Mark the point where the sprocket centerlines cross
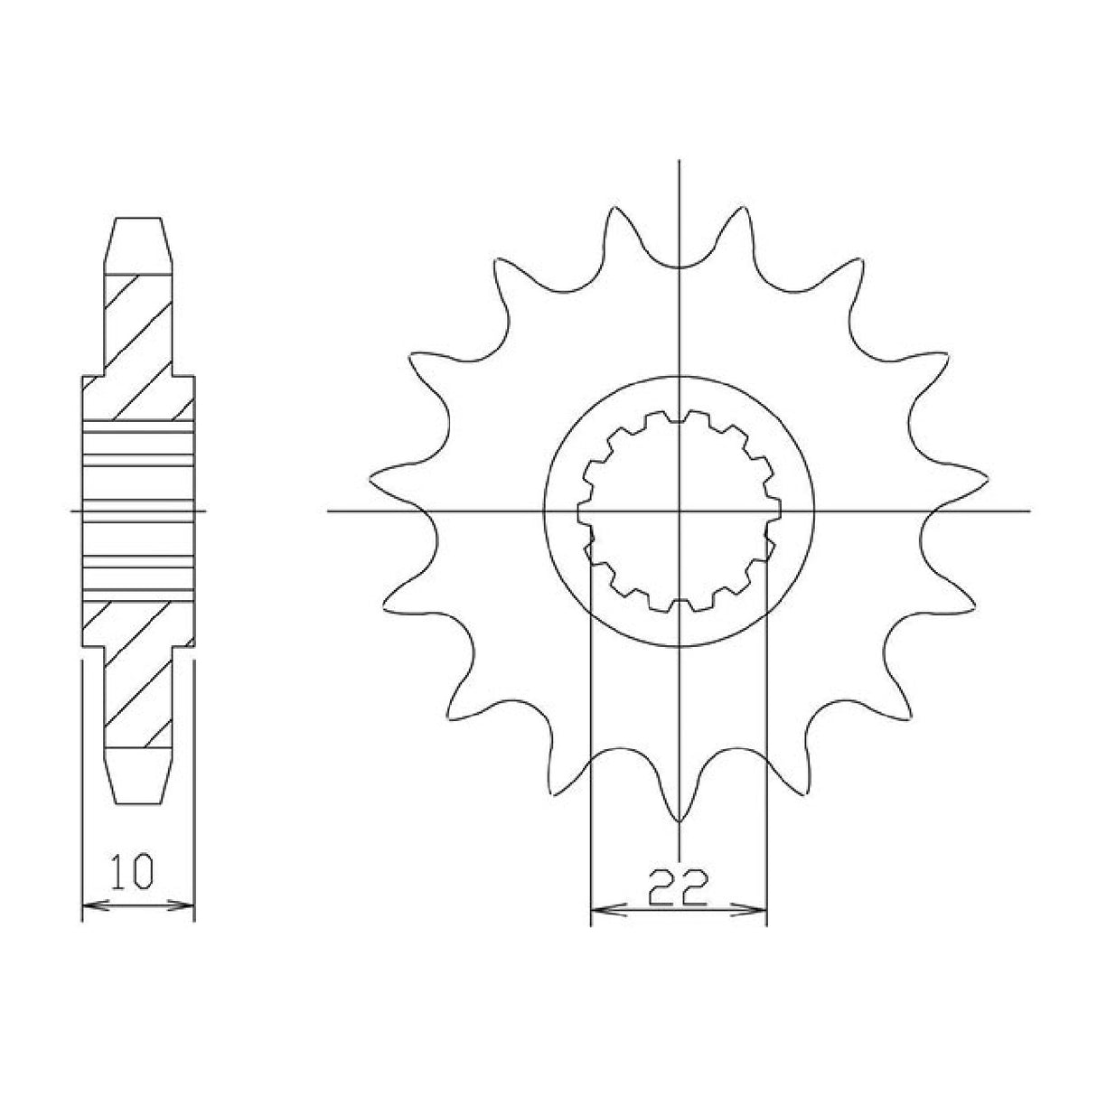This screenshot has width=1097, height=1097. click(x=679, y=511)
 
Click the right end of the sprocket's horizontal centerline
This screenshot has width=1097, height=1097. click(x=1028, y=511)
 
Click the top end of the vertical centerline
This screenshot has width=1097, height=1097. click(x=679, y=164)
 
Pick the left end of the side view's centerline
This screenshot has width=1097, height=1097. click(x=72, y=511)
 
